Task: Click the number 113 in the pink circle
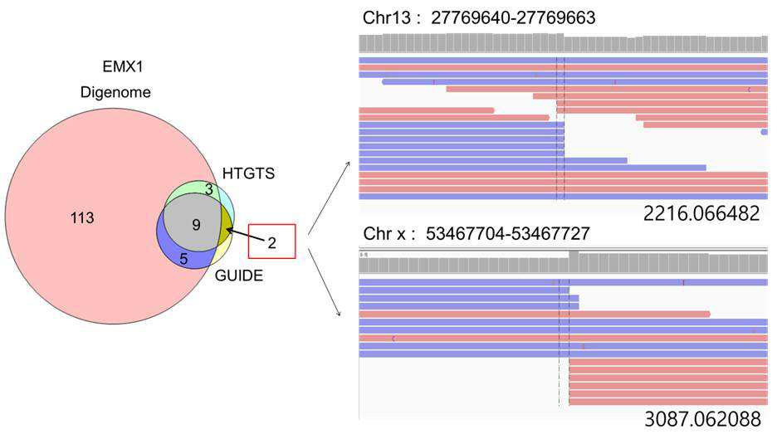(x=82, y=217)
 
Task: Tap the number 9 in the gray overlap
(x=197, y=225)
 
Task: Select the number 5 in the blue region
(x=183, y=259)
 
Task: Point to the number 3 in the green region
(x=209, y=189)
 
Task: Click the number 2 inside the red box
(x=271, y=242)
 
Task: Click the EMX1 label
(x=123, y=66)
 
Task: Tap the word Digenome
(x=115, y=92)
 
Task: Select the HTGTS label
(x=248, y=173)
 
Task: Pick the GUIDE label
(x=239, y=276)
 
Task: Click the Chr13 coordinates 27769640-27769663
(x=513, y=18)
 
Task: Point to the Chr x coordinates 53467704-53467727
(x=508, y=234)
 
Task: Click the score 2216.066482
(x=701, y=213)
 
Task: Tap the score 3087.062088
(x=702, y=419)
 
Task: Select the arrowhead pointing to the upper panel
(x=348, y=163)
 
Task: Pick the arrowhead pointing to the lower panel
(x=338, y=313)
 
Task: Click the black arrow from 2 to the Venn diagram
(x=245, y=235)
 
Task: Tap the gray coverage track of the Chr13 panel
(x=563, y=43)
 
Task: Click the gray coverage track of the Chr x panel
(x=563, y=262)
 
